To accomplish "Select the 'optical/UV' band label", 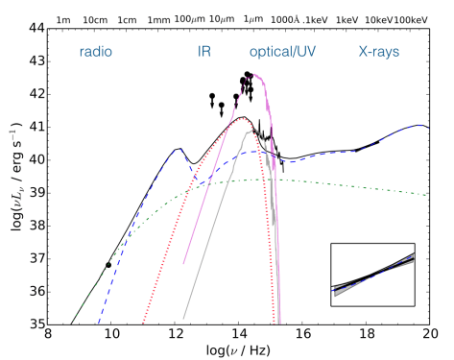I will [286, 50].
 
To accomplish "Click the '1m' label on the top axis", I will [64, 17].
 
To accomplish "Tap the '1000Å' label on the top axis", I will [286, 17].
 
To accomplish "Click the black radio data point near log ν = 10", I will [108, 265].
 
